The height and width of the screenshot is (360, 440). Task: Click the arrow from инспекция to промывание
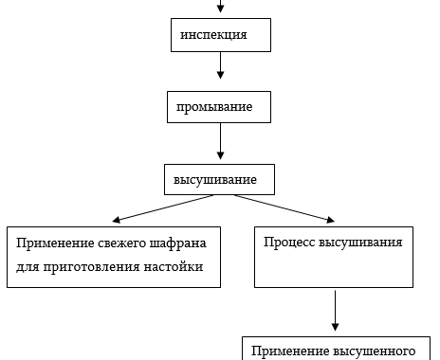[221, 65]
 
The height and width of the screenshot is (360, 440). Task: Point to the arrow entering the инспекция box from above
[221, 8]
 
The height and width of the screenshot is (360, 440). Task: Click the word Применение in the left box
[54, 242]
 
